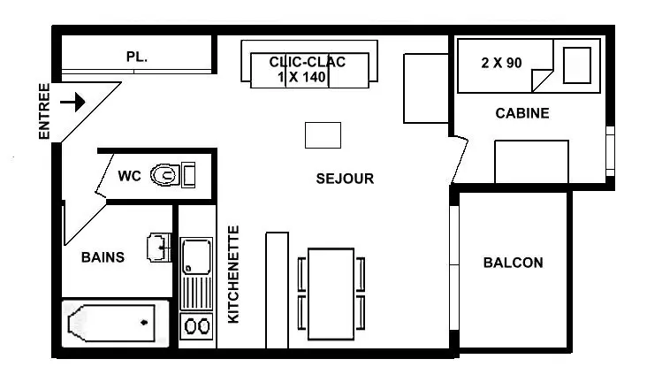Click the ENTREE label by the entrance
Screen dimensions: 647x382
click(43, 111)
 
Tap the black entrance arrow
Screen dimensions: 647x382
click(72, 102)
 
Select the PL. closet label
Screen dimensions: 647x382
click(137, 57)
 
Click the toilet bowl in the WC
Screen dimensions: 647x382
click(165, 175)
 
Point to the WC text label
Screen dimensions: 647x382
click(129, 176)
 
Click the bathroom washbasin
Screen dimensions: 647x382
click(159, 248)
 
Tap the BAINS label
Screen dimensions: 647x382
click(103, 257)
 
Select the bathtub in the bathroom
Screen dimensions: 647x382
click(111, 323)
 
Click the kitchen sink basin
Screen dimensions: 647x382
click(196, 256)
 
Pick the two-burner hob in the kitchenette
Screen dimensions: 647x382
click(196, 326)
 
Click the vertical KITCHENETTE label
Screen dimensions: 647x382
click(233, 275)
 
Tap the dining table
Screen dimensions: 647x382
click(331, 294)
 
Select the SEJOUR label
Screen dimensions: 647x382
click(345, 179)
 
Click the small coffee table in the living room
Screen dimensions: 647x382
click(323, 135)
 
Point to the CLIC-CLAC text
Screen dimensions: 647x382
click(308, 62)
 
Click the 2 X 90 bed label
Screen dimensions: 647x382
click(501, 63)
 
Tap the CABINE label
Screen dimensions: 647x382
click(522, 113)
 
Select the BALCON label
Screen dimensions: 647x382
click(514, 263)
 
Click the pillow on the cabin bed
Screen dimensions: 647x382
click(577, 65)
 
